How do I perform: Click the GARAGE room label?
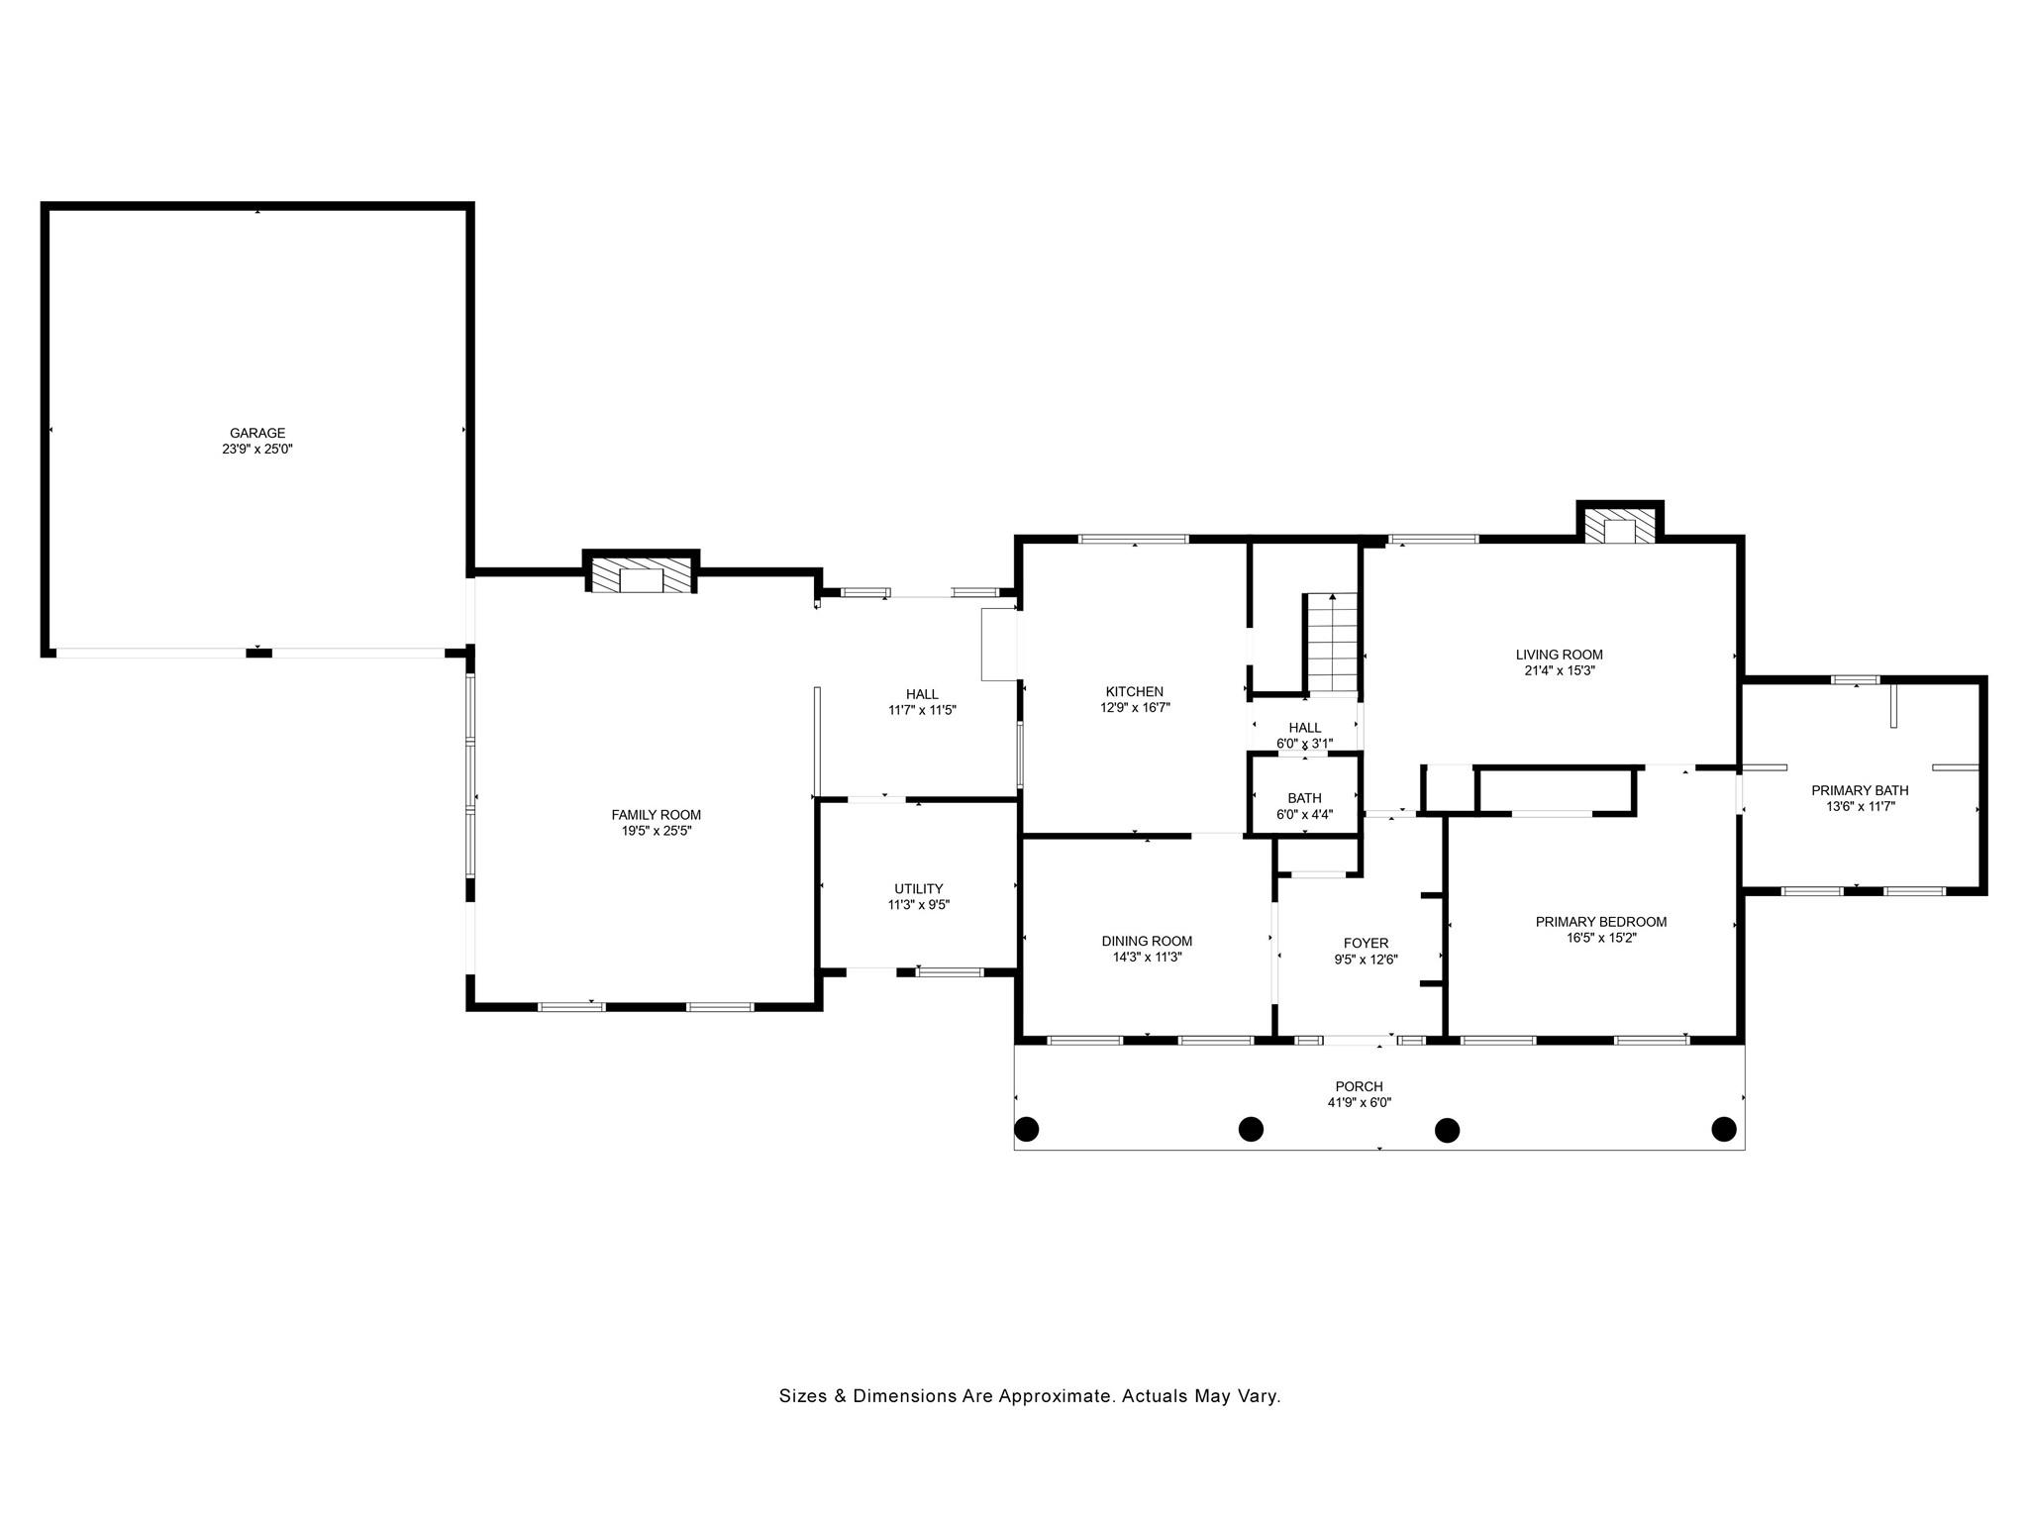[257, 433]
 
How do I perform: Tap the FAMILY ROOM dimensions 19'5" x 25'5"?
[657, 831]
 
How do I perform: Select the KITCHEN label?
[1135, 691]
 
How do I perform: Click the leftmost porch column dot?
[1027, 1129]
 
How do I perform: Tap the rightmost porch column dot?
[1724, 1129]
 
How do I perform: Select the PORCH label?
[1359, 1086]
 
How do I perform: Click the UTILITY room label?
[919, 888]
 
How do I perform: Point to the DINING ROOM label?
[1147, 941]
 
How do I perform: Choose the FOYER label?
[1366, 943]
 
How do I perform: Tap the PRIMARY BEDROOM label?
[1601, 921]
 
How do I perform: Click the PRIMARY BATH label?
[1860, 790]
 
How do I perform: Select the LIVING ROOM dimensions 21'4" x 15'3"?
[1560, 670]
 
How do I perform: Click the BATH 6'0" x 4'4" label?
[1305, 806]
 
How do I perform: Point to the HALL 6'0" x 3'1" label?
[1305, 736]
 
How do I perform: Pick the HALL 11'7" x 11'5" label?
[922, 702]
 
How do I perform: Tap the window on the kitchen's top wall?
[1133, 540]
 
